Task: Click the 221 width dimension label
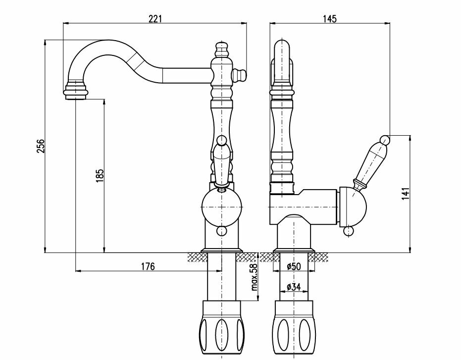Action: coord(155,19)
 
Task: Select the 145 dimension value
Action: coord(329,19)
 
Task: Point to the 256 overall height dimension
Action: coord(41,146)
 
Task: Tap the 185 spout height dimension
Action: coord(100,176)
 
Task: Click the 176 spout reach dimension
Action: coord(148,266)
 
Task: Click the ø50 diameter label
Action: coord(294,266)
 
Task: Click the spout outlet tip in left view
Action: coord(76,92)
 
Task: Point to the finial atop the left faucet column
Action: coord(222,50)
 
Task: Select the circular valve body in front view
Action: coord(222,207)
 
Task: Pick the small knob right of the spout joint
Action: coord(241,75)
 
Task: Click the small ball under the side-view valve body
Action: coord(349,231)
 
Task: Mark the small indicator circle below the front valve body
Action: coord(221,230)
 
